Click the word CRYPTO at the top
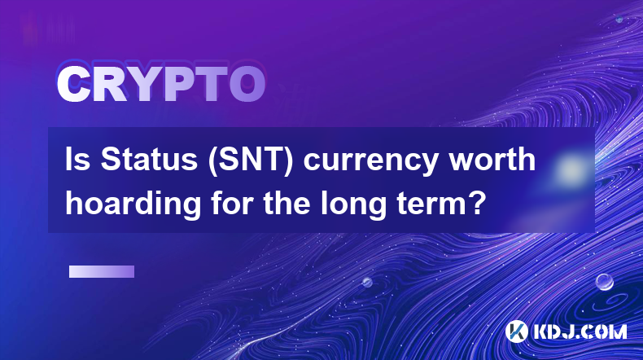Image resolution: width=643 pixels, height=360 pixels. [161, 83]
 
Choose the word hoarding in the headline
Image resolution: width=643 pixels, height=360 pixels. [133, 204]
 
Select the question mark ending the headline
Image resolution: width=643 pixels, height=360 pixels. [476, 203]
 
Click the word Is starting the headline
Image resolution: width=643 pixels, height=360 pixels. [78, 160]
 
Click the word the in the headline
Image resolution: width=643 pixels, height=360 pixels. [287, 203]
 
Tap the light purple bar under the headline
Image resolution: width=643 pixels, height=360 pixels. [102, 272]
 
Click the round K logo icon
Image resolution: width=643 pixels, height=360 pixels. [516, 331]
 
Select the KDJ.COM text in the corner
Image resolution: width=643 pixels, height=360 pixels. [580, 331]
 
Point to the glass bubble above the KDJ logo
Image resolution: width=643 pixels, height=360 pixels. [605, 282]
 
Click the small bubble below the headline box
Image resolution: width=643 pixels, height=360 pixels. [367, 282]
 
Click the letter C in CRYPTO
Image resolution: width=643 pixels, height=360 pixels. [73, 83]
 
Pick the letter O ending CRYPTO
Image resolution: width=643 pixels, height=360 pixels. [247, 83]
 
